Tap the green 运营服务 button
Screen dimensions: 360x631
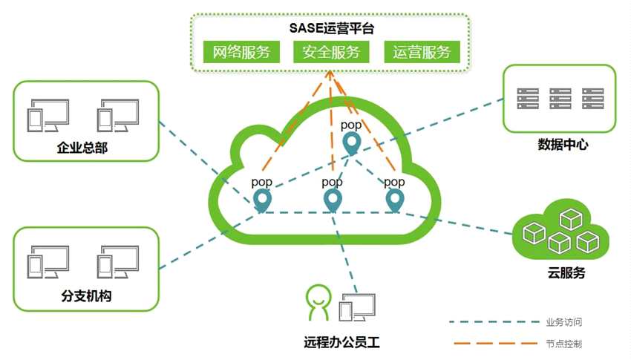click(422, 52)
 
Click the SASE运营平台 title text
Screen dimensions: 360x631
click(331, 28)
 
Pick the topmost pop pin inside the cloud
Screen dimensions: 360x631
click(350, 142)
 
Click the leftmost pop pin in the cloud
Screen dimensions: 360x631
click(261, 199)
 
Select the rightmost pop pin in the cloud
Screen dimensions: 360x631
click(394, 199)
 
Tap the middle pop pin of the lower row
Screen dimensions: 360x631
click(333, 199)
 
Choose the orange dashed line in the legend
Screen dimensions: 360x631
click(493, 344)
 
